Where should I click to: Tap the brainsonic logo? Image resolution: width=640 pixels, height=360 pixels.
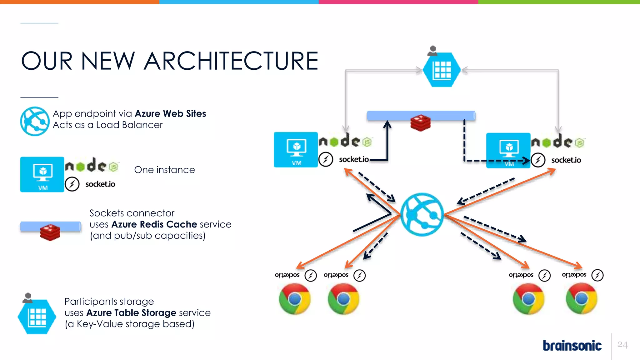tap(572, 346)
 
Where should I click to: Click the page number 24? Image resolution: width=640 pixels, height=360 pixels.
tap(622, 345)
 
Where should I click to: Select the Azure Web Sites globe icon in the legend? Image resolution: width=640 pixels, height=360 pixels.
tap(35, 121)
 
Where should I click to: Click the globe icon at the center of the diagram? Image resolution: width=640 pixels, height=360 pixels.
tap(422, 214)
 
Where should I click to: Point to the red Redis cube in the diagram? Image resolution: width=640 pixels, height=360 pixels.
tap(420, 122)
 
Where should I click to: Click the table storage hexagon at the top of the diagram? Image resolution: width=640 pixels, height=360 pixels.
tap(442, 70)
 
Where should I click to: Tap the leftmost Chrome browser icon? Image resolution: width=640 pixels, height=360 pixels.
tap(294, 299)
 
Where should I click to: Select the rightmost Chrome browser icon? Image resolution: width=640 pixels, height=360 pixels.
tap(581, 298)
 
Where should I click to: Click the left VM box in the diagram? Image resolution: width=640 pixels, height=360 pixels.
tap(296, 150)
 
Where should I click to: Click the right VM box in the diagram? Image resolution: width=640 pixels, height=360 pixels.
tap(508, 150)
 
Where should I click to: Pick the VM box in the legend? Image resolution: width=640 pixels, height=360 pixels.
tap(42, 174)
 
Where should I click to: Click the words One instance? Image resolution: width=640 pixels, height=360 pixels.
tap(164, 170)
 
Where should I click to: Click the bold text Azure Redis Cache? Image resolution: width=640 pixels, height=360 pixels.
tap(154, 224)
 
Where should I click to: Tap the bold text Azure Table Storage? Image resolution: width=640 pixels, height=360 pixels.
tap(131, 313)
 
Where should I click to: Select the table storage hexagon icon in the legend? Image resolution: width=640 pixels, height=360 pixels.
tap(37, 317)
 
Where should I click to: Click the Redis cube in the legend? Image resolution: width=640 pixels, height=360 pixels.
tap(50, 232)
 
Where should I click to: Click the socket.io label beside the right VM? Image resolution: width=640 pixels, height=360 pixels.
tap(566, 160)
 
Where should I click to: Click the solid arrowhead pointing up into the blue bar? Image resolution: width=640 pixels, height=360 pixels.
tap(387, 124)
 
